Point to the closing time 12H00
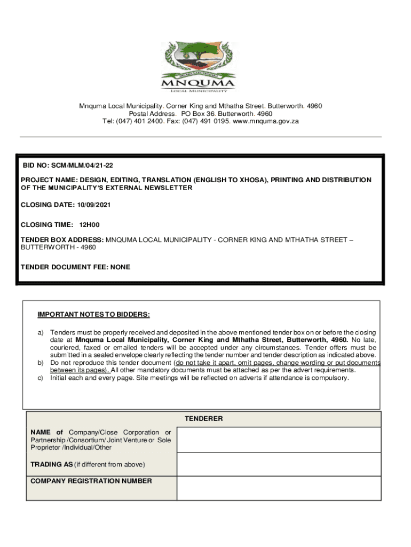pyautogui.click(x=90, y=225)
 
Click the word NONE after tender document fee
pyautogui.click(x=120, y=267)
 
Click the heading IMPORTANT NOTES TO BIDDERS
pyautogui.click(x=93, y=314)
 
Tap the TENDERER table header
pyautogui.click(x=204, y=419)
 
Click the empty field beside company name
pyautogui.click(x=279, y=440)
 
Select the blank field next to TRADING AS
pyautogui.click(x=279, y=464)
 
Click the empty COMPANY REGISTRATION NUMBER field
pyautogui.click(x=279, y=488)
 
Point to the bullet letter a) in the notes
pyautogui.click(x=40, y=333)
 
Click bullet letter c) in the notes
pyautogui.click(x=40, y=378)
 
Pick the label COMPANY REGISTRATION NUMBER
pyautogui.click(x=91, y=481)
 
